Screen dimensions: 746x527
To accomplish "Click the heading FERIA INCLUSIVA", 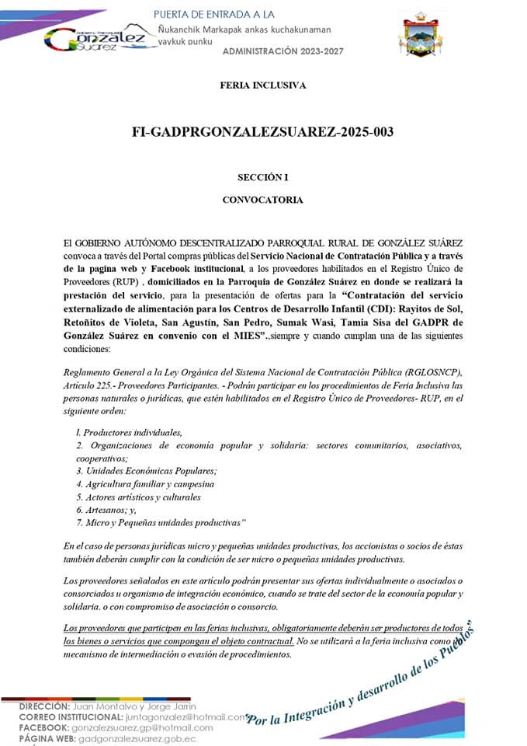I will click(x=263, y=85).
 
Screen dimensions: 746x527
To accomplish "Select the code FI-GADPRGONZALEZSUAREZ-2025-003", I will click(x=263, y=132).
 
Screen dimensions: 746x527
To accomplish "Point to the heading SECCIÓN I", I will click(x=263, y=177).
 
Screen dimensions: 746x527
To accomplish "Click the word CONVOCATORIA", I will click(x=263, y=200).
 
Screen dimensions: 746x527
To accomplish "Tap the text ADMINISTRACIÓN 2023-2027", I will click(x=281, y=50).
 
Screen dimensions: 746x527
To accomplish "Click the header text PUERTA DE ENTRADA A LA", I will click(x=215, y=15).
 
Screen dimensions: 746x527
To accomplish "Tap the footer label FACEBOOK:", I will click(x=43, y=728).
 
